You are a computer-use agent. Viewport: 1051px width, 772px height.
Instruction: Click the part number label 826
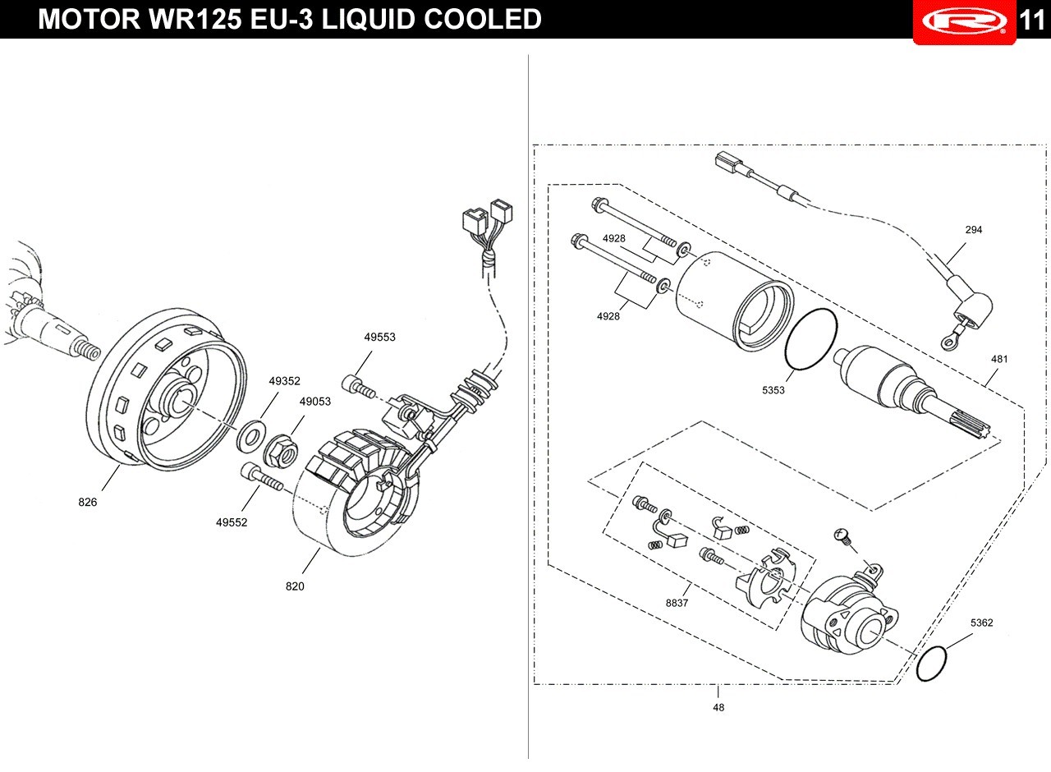click(x=88, y=502)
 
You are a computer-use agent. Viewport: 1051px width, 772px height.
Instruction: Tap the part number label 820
click(x=295, y=586)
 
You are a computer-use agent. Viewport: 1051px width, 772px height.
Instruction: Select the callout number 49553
click(x=379, y=337)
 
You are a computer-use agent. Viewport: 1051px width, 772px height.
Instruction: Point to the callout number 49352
click(x=284, y=380)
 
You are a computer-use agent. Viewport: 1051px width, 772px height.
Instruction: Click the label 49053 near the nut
click(x=314, y=402)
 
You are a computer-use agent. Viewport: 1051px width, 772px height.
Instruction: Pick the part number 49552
click(x=232, y=522)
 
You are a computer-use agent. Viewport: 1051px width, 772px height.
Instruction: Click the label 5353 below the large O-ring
click(x=773, y=390)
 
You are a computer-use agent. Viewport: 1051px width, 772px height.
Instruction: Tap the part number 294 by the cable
click(x=974, y=229)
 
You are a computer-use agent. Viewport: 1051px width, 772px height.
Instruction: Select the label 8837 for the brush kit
click(x=677, y=603)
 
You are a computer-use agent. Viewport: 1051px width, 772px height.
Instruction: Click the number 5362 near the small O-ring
click(x=981, y=623)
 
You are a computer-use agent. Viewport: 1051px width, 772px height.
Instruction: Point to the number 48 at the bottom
click(x=718, y=707)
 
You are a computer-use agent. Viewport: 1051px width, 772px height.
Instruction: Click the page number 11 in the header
click(x=1032, y=20)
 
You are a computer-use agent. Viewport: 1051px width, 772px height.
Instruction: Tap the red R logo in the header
click(x=965, y=21)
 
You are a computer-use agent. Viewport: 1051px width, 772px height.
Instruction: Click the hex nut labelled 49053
click(x=282, y=452)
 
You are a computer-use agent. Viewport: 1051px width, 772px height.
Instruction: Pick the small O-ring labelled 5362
click(x=931, y=664)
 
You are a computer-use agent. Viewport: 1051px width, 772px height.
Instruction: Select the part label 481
click(x=999, y=359)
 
